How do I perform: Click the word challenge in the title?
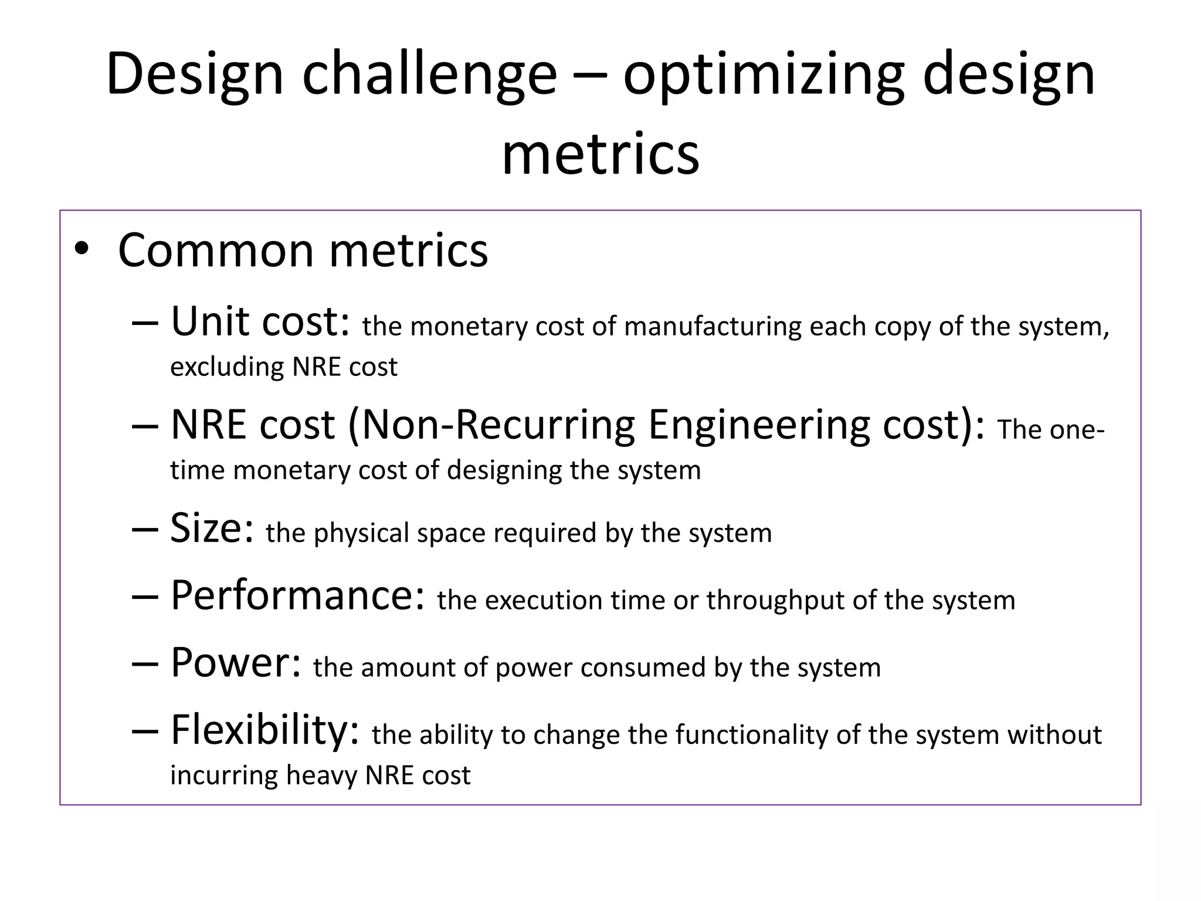429,74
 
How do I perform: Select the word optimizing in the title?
764,74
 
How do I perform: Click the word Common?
216,250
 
